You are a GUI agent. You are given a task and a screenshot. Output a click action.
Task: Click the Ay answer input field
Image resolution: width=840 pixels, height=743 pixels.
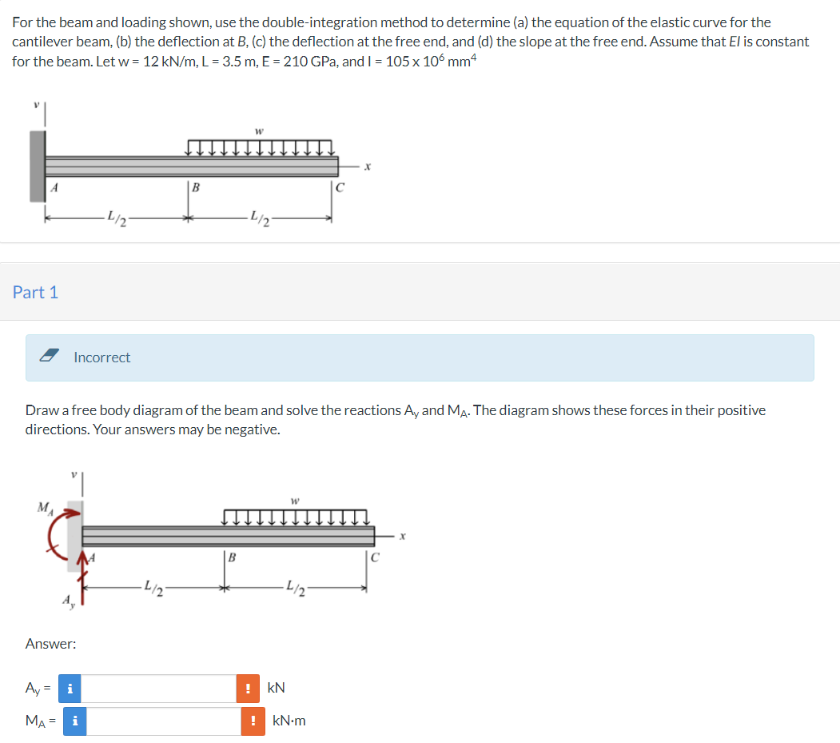157,688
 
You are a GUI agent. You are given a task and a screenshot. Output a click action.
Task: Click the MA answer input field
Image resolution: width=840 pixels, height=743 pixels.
163,721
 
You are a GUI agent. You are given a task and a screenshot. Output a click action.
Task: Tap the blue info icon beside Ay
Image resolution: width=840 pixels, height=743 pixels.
70,688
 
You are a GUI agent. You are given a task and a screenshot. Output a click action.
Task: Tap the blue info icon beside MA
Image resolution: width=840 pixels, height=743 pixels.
75,721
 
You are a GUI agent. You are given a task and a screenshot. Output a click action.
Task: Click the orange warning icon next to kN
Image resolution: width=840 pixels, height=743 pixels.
249,688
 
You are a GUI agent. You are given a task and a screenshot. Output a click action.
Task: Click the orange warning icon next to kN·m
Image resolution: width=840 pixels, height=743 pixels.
253,721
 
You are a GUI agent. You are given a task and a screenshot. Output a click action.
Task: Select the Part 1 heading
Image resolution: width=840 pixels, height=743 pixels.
35,292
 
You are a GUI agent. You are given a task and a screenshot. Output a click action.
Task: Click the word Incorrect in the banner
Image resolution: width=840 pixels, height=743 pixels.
102,358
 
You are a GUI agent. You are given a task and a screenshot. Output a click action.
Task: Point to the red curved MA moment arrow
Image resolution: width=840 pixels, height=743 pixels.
58,528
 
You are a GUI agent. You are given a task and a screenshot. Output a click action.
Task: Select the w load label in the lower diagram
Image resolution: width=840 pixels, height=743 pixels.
295,501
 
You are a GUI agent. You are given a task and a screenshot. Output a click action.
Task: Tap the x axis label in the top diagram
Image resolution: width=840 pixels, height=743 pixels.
367,167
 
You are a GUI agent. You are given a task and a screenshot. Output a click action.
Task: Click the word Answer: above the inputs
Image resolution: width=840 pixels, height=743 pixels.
50,643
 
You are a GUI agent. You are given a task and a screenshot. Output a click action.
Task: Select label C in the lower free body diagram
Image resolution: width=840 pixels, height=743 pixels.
375,557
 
